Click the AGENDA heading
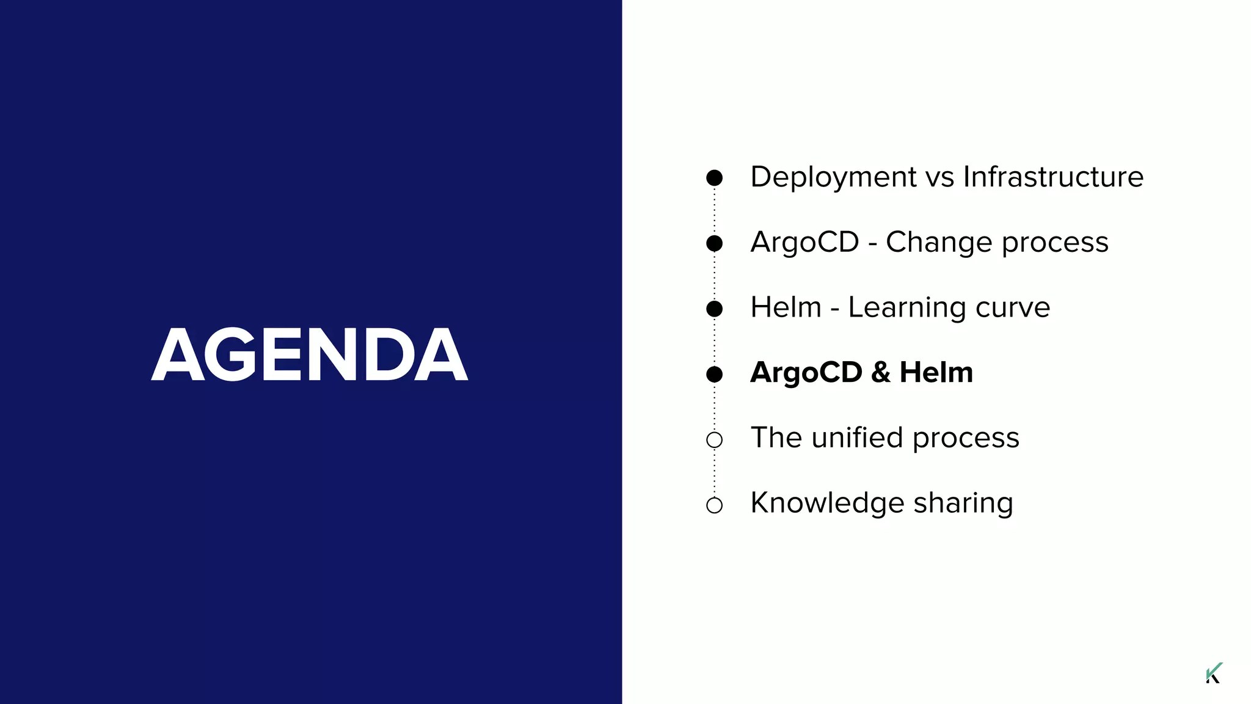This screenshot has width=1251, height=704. (x=310, y=354)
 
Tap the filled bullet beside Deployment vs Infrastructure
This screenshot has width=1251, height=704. (x=714, y=178)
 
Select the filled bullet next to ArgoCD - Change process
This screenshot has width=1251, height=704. (x=714, y=243)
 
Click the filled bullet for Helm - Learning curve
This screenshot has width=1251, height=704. (x=714, y=309)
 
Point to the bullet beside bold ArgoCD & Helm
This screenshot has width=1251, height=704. (x=714, y=374)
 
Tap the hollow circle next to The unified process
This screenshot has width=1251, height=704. (x=714, y=439)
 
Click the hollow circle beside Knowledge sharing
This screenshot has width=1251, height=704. (x=714, y=505)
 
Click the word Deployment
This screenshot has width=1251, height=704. (x=833, y=177)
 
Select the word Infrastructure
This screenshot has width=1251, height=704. (x=1053, y=177)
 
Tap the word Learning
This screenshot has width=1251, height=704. (x=907, y=308)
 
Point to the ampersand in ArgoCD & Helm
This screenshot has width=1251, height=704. (x=880, y=373)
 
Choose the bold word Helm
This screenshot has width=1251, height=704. (x=936, y=373)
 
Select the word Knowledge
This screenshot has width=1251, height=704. (x=827, y=504)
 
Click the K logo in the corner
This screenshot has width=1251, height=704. (x=1214, y=673)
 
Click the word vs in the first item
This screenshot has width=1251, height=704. (x=939, y=177)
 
